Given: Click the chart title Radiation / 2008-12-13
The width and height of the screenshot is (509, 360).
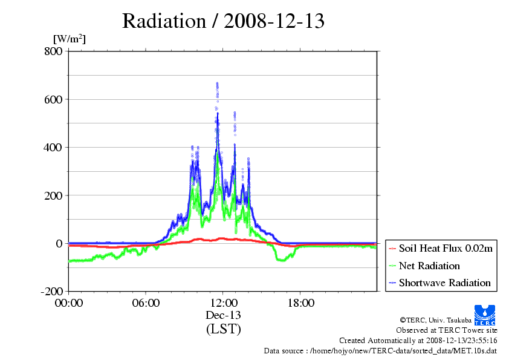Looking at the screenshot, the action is (x=223, y=21).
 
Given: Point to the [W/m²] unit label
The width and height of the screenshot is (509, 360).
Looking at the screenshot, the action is (x=70, y=39).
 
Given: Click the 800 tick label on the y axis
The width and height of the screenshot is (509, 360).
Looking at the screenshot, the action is (x=53, y=51).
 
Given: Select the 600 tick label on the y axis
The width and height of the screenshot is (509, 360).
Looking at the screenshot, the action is (x=53, y=99).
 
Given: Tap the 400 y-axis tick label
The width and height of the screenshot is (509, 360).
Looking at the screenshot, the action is (x=53, y=148).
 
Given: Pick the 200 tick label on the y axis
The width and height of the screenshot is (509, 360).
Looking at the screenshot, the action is (x=53, y=195).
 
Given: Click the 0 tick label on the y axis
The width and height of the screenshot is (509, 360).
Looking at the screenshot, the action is (x=59, y=243).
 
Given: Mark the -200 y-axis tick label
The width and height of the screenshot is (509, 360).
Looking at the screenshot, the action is (x=51, y=291).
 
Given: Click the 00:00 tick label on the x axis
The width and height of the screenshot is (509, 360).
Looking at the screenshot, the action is (x=69, y=303).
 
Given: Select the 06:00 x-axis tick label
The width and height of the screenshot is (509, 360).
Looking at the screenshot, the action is (x=146, y=303).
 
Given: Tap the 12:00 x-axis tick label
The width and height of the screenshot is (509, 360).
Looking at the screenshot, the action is (x=223, y=303).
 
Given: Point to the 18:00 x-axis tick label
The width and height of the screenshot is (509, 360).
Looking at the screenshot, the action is (x=300, y=303).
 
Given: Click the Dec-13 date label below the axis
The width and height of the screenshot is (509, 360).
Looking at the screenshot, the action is (x=223, y=315).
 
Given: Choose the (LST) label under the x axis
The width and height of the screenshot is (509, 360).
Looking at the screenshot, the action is (x=223, y=329).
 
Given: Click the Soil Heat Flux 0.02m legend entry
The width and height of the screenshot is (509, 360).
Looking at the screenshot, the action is (x=441, y=249).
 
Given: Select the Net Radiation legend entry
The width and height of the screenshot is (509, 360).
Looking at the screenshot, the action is (x=424, y=266).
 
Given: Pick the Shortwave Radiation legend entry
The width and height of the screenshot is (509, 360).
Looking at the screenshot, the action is (x=439, y=283).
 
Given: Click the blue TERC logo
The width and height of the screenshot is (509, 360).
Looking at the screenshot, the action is (x=485, y=315).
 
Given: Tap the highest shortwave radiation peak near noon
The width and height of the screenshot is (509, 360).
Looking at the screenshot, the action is (x=217, y=83).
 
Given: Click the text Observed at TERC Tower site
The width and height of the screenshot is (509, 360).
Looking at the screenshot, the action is (x=446, y=330).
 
